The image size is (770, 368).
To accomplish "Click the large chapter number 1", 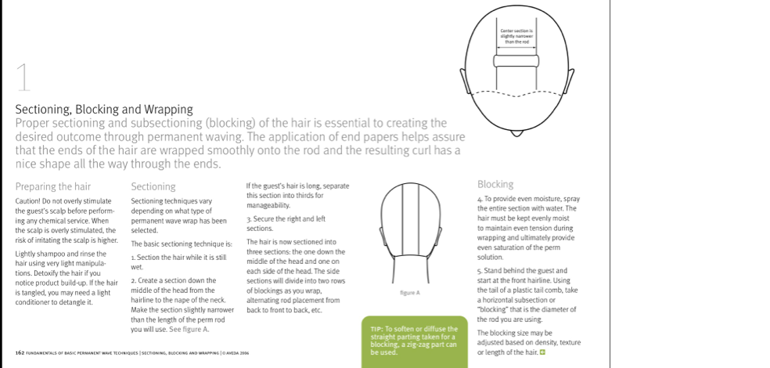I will (24, 79).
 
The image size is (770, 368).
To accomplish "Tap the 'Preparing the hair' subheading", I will (53, 187).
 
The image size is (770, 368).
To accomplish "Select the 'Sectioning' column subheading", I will (153, 187).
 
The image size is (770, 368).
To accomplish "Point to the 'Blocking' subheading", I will (495, 185).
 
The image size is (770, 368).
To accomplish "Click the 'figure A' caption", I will (410, 292).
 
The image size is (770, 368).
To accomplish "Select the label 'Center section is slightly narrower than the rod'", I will (516, 35).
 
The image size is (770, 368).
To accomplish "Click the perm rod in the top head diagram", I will (516, 60).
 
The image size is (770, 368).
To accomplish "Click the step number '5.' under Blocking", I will (479, 271).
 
